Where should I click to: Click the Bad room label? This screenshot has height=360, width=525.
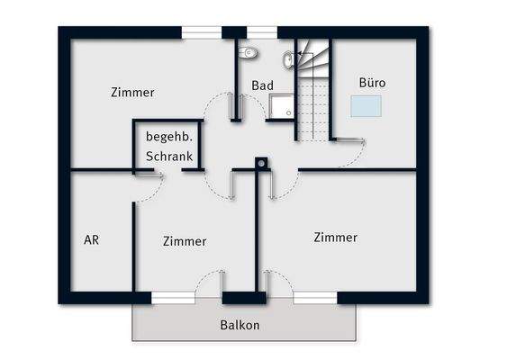click(262, 85)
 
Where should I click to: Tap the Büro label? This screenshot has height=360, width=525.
click(372, 83)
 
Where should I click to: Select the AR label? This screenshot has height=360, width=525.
click(91, 240)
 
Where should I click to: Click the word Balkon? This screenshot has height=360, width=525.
click(240, 325)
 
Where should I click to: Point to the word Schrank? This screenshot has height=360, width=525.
click(168, 157)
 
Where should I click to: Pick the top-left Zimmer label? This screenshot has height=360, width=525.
click(132, 92)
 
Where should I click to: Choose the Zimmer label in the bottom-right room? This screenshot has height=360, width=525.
click(335, 238)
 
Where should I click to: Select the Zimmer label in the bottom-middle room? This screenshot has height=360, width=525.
click(185, 241)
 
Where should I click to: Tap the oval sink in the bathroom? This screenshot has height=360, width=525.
click(288, 60)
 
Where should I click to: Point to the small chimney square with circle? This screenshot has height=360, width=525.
click(261, 165)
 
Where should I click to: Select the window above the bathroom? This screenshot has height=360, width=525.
click(261, 33)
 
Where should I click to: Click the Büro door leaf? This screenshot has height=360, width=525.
click(348, 140)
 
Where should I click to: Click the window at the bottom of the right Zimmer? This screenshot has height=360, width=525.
click(314, 297)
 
